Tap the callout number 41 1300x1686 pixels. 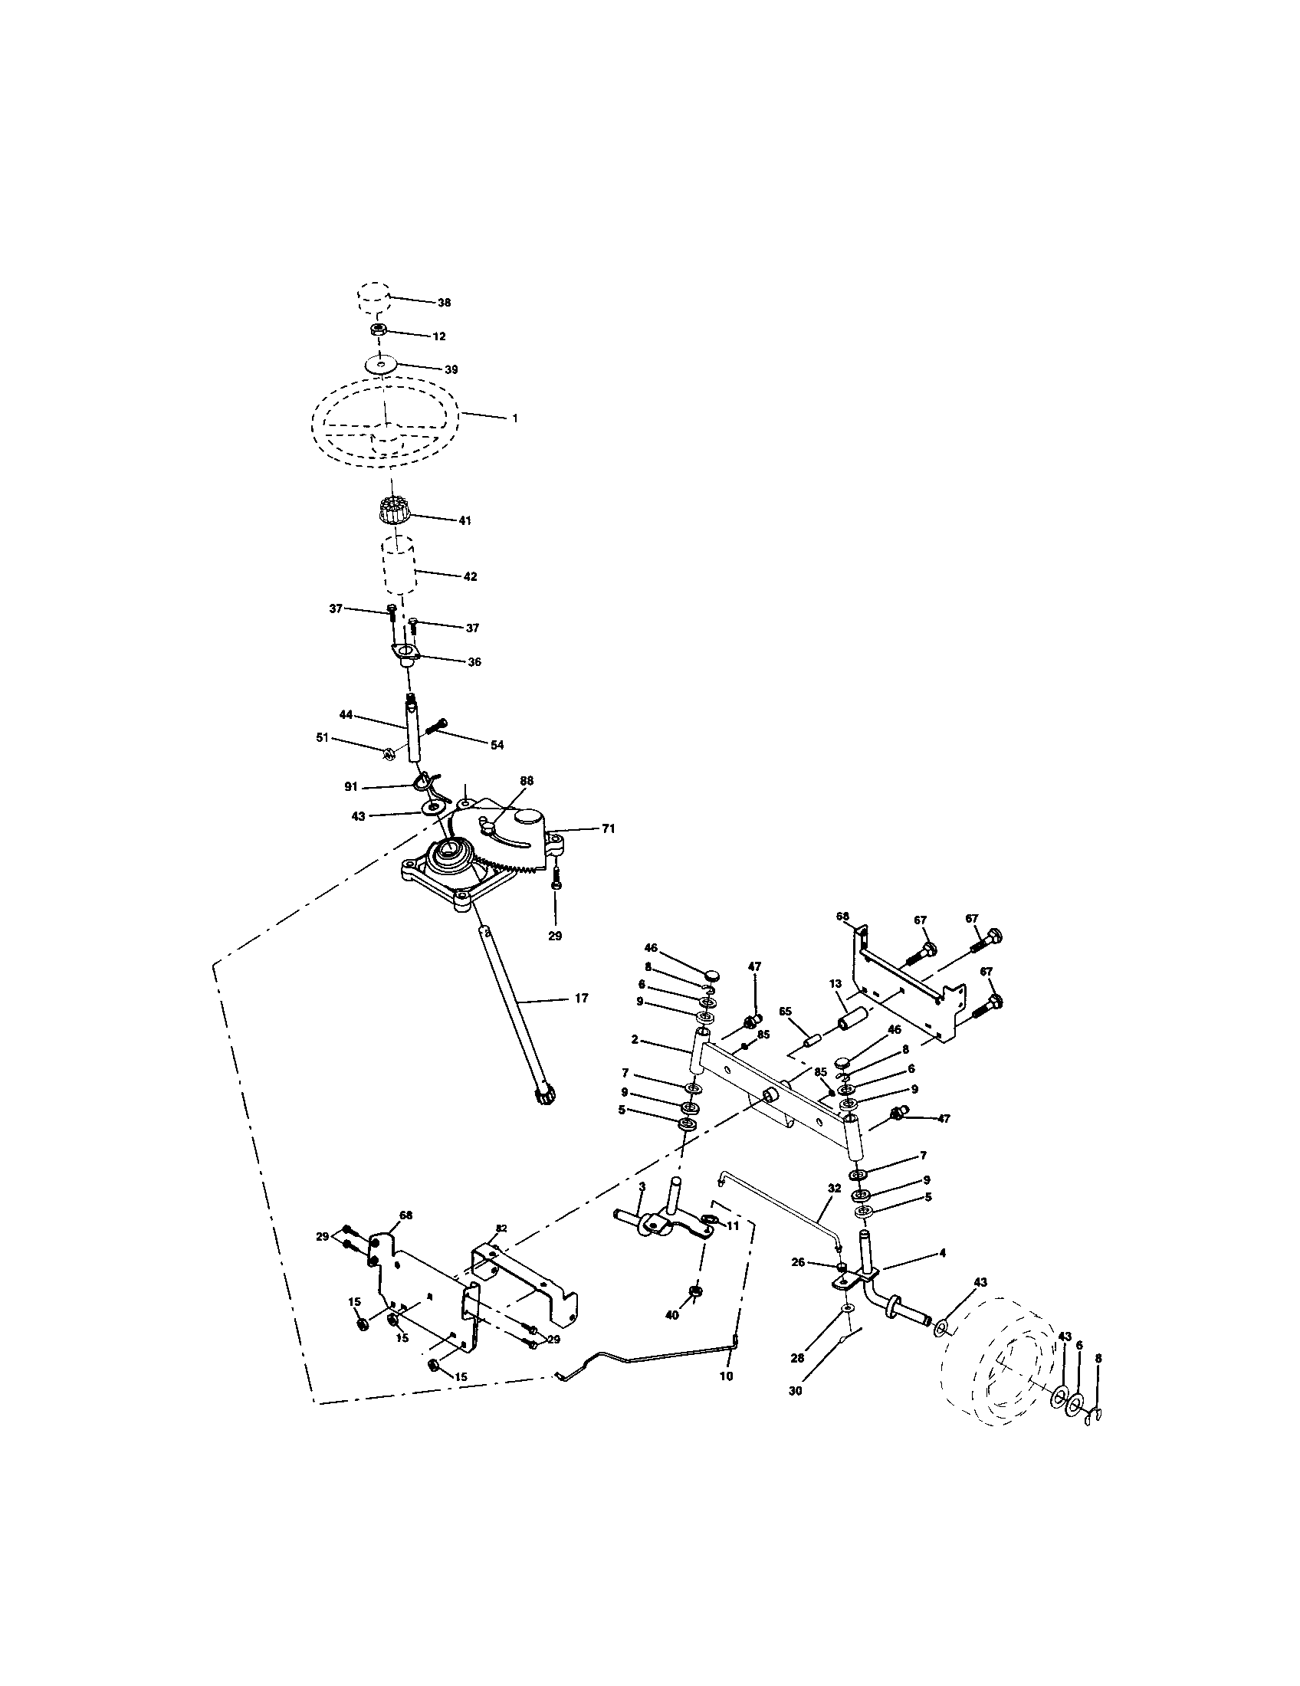pos(464,520)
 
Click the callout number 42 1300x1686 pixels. pos(469,576)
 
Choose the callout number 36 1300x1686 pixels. pos(474,661)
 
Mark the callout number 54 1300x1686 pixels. pos(497,744)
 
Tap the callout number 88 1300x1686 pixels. pos(526,780)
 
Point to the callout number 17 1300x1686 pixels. pos(581,998)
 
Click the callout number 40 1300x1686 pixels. pos(671,1314)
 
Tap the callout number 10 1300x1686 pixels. pos(726,1376)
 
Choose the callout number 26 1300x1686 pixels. pos(797,1263)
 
